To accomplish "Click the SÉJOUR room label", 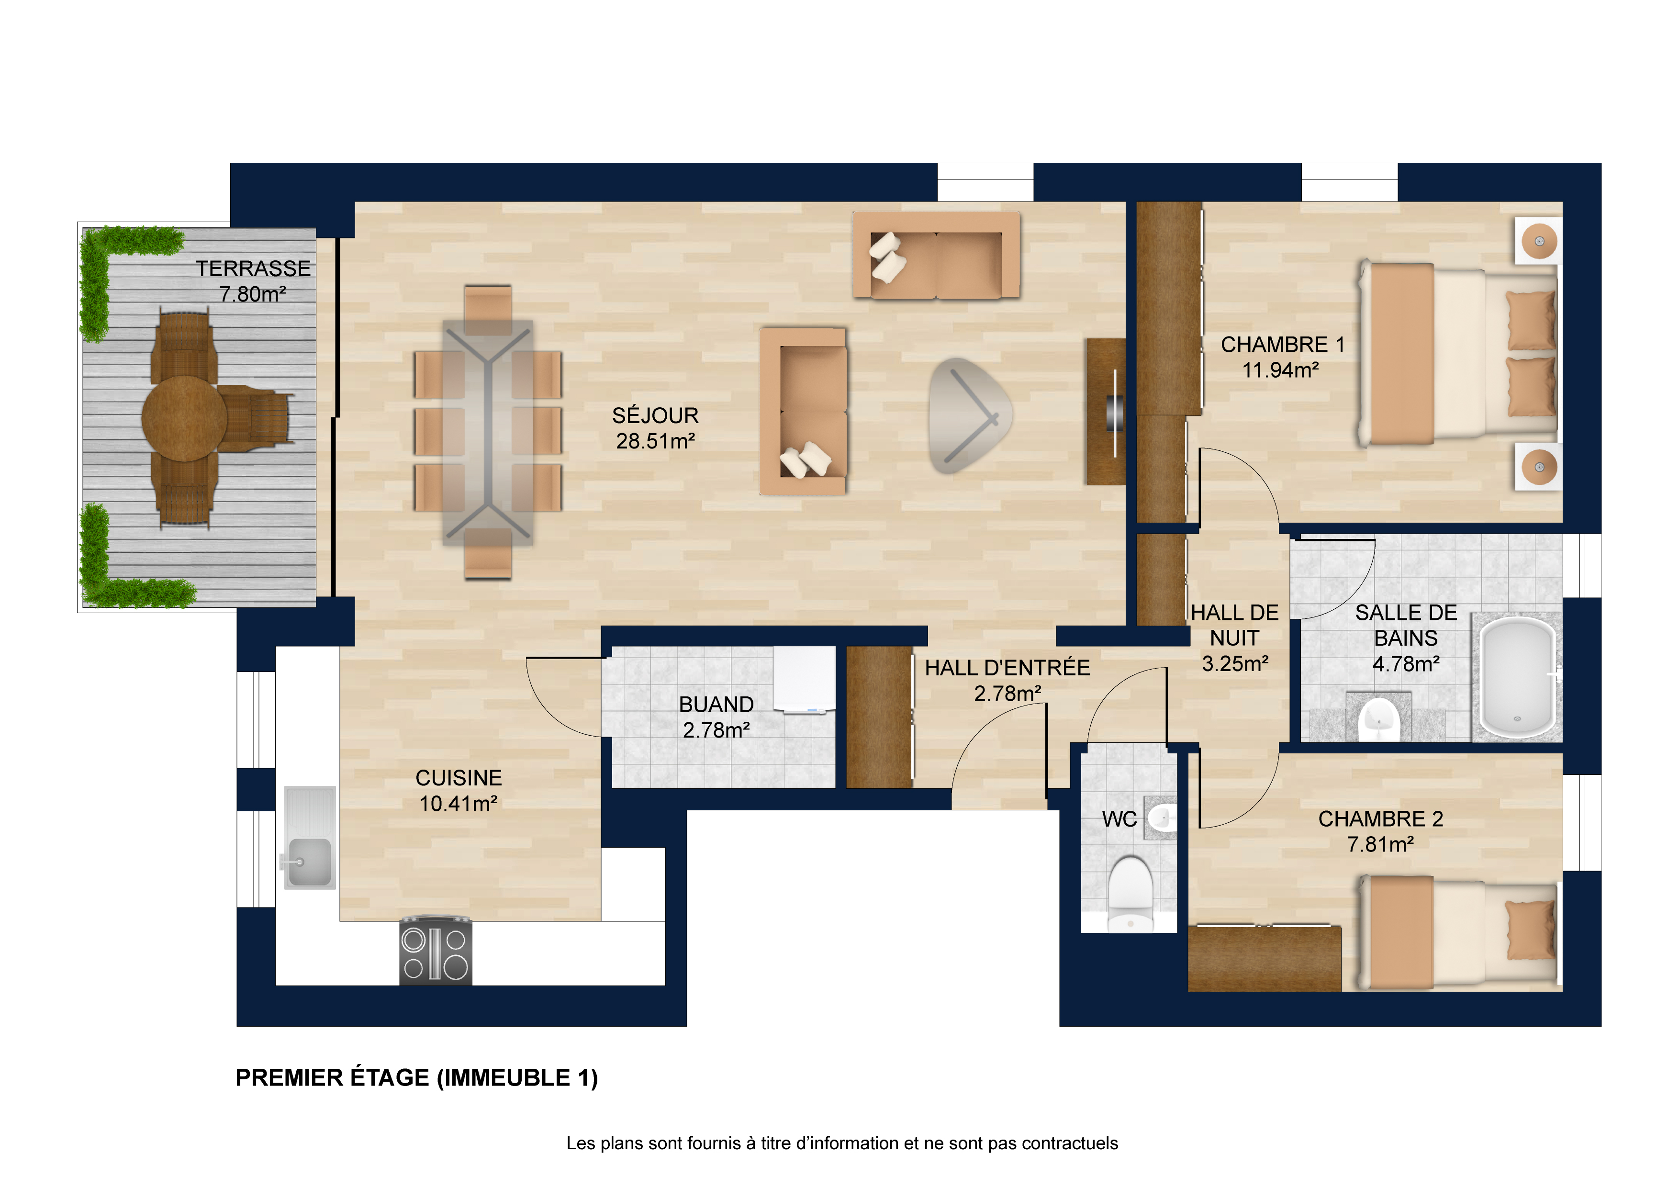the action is [x=655, y=415].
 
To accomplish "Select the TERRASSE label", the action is [x=253, y=269].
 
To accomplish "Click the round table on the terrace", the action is [x=184, y=418].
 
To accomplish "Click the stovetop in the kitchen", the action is [x=436, y=951].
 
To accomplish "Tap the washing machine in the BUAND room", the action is [x=805, y=679].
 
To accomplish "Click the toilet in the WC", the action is [x=1131, y=894].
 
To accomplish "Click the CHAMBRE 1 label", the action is [x=1283, y=345].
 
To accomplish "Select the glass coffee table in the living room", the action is [x=970, y=415].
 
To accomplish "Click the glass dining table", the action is [x=488, y=433].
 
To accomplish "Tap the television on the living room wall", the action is [x=1114, y=413].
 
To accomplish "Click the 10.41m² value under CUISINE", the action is [x=459, y=804].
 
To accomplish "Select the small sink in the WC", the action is [x=1161, y=816].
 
